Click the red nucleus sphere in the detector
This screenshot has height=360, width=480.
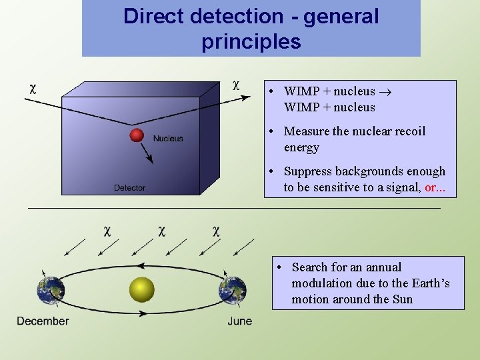point(137,135)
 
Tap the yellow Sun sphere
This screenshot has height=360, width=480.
point(141,289)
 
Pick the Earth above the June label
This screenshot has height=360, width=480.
point(233,291)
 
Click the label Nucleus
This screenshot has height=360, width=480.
point(168,139)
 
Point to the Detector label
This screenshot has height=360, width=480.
point(129,188)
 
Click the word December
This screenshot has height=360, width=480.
point(43,321)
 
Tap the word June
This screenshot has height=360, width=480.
point(239,321)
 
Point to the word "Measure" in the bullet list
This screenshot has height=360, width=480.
point(307,131)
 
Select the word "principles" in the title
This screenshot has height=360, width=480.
point(251,42)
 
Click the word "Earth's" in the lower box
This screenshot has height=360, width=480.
point(429,283)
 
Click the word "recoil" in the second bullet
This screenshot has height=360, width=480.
point(408,131)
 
